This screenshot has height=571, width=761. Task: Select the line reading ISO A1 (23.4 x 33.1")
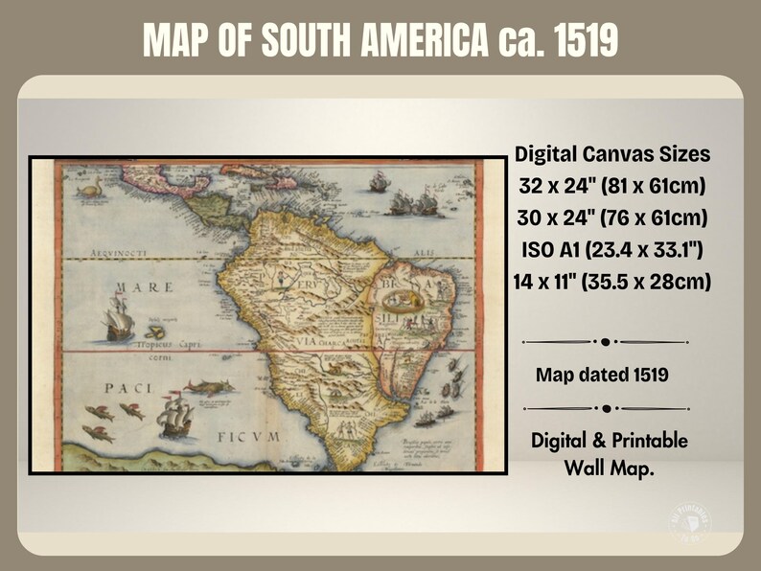click(611, 251)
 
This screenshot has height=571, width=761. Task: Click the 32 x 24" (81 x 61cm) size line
click(611, 186)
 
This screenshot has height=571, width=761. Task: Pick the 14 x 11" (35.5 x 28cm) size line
click(611, 284)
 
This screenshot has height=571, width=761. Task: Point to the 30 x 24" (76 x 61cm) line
click(611, 218)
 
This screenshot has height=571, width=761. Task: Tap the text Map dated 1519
click(602, 375)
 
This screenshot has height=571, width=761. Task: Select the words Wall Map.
click(610, 468)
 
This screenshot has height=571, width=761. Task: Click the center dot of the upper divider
click(606, 341)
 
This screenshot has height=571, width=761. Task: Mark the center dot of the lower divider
click(606, 408)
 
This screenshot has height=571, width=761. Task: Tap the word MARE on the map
click(145, 287)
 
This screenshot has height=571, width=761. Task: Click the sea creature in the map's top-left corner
click(90, 190)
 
